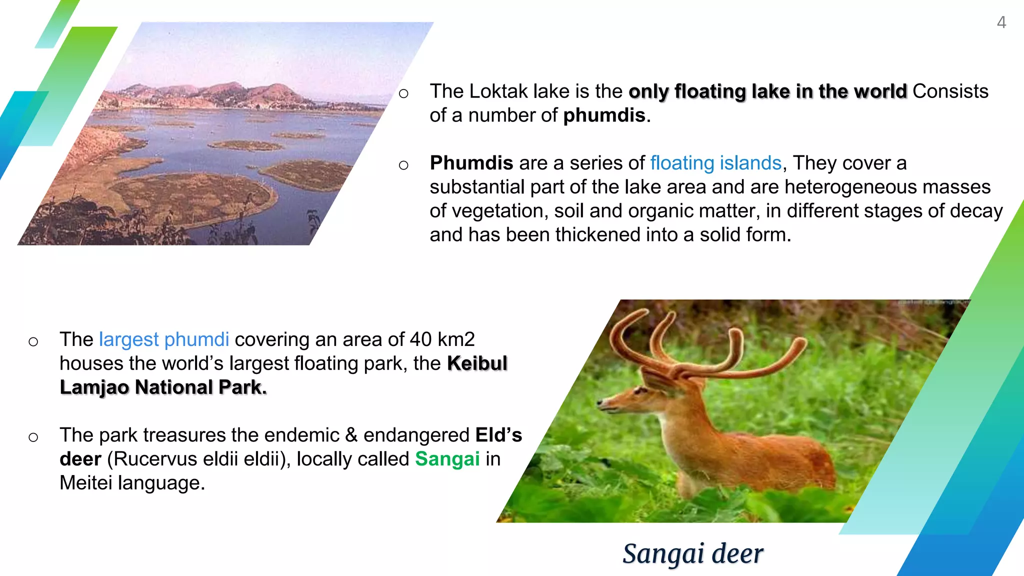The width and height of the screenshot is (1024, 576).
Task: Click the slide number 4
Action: (1001, 22)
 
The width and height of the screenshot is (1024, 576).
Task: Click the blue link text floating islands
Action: (715, 163)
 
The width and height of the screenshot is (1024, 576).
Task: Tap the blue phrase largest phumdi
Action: (164, 339)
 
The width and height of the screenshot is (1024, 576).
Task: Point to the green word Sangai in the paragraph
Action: (447, 459)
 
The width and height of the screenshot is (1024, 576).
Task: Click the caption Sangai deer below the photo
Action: (692, 553)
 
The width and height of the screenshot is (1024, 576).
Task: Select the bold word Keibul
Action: (477, 363)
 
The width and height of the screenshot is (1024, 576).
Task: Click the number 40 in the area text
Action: (420, 339)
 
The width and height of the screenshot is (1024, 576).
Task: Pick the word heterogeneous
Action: (852, 187)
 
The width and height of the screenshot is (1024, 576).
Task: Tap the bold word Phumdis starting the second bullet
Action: (471, 163)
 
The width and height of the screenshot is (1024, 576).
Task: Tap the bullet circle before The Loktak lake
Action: (403, 93)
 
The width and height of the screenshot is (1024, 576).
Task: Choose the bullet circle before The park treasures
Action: (33, 437)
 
